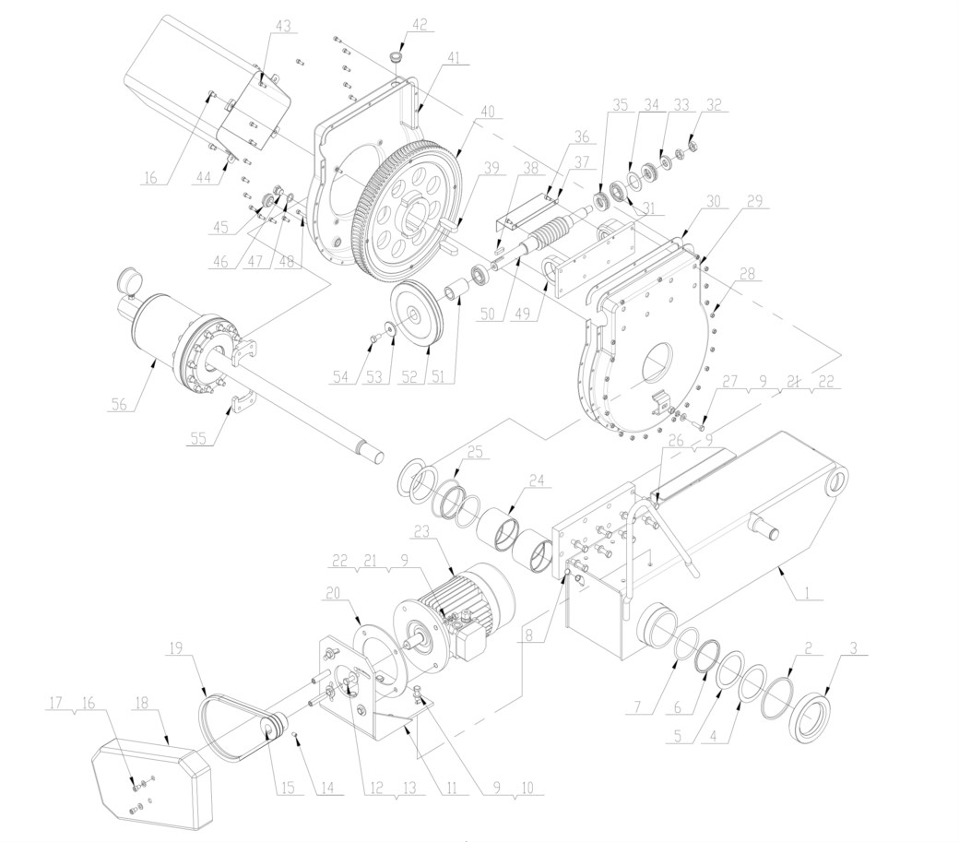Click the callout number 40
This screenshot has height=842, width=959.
click(488, 112)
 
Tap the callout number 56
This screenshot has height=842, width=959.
click(120, 403)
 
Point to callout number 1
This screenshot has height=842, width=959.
click(807, 592)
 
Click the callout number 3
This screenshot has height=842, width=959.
click(855, 647)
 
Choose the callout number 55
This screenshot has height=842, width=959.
click(197, 438)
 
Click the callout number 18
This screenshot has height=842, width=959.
click(141, 703)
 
